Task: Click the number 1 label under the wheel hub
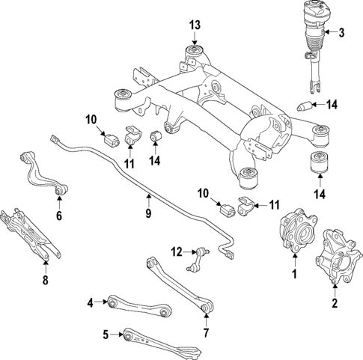tap(294, 275)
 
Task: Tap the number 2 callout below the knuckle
tap(335, 304)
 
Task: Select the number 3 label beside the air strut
tap(341, 32)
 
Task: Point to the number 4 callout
tap(91, 302)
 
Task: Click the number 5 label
tap(106, 334)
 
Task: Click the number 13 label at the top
tap(195, 25)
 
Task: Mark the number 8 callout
tap(45, 281)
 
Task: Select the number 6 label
tap(59, 217)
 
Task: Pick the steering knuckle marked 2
tap(338, 254)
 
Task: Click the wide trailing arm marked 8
tap(26, 232)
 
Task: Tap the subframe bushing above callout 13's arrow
tap(195, 53)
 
